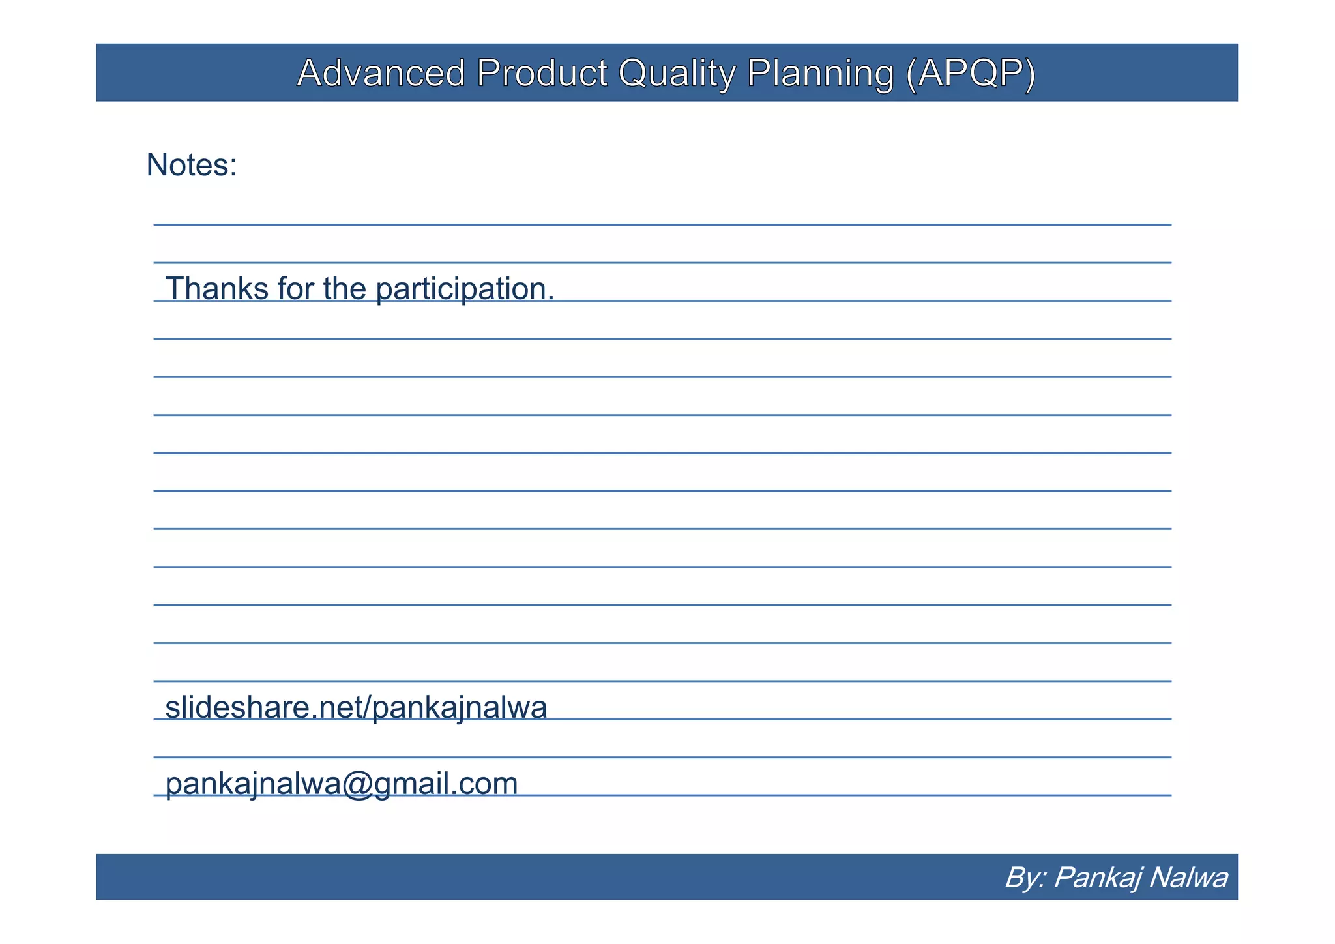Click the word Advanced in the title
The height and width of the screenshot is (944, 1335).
point(381,73)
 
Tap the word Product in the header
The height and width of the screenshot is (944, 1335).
point(542,73)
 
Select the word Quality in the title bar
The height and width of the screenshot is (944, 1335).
point(677,73)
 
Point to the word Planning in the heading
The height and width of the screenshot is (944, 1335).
point(820,73)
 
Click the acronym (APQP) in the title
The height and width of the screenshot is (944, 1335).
point(971,73)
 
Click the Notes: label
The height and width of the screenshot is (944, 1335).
point(191,164)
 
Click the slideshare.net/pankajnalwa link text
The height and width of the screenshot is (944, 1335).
point(356,708)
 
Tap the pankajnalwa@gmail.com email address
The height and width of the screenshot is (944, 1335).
point(342,784)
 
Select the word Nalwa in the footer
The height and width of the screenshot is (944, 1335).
point(1188,878)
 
